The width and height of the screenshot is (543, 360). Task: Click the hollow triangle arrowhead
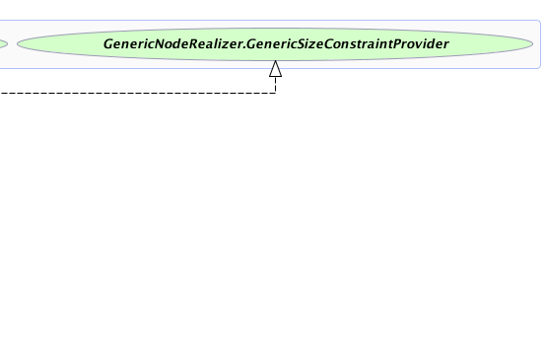point(275,69)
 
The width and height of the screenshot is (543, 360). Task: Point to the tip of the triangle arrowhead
point(275,60)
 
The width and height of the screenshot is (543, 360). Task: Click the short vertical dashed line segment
point(275,85)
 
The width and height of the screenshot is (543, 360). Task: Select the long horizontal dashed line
point(138,93)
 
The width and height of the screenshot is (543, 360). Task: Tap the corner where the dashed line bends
point(275,93)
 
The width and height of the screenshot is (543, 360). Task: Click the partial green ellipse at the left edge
point(4,44)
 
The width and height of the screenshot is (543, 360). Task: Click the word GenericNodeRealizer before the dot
point(174,44)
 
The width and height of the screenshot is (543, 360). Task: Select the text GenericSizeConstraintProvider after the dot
point(348,44)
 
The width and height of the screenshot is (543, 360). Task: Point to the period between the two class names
point(244,48)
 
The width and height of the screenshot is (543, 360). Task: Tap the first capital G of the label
point(107,44)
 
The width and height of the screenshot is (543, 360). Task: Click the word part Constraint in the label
point(358,44)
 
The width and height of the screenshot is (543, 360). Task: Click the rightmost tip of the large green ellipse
point(532,44)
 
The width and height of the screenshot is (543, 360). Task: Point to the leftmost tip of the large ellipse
point(18,44)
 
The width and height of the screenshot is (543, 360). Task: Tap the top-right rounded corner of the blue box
point(539,22)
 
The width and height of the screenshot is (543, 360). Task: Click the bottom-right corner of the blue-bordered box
point(539,67)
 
